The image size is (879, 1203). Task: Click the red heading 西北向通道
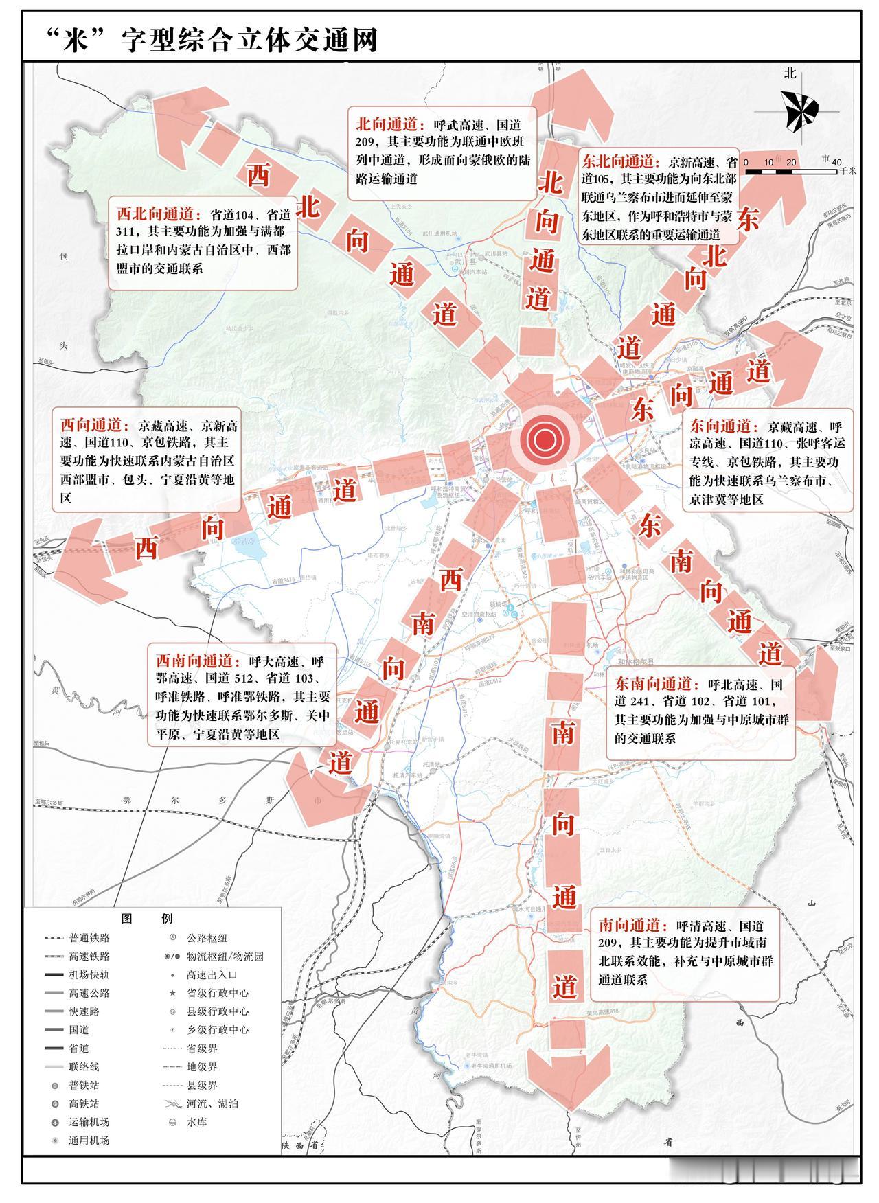(157, 214)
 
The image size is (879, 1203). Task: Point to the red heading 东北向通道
(617, 162)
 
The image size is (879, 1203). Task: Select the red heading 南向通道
(629, 925)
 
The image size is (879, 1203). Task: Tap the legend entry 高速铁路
(89, 956)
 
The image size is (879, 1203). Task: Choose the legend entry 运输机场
(89, 1122)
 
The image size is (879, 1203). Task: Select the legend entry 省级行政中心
(217, 993)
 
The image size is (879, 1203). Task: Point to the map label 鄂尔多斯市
(220, 801)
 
